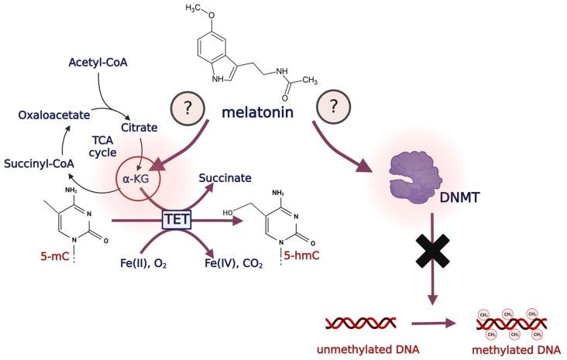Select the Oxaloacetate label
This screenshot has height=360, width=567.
pos(53,114)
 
